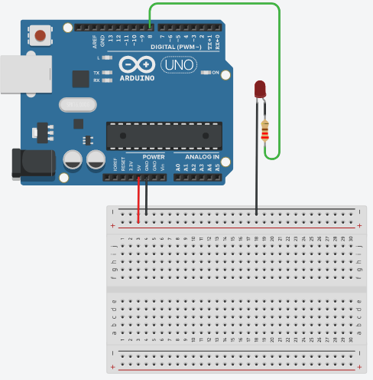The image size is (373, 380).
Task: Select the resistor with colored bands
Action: pos(265,132)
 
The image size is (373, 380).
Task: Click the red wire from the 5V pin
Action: pos(138,201)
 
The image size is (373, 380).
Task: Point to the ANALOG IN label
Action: pos(198,157)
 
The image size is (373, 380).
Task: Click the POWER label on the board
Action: pos(153,157)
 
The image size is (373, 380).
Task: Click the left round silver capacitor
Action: pos(73,159)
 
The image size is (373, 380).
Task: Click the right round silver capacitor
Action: pos(96,159)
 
